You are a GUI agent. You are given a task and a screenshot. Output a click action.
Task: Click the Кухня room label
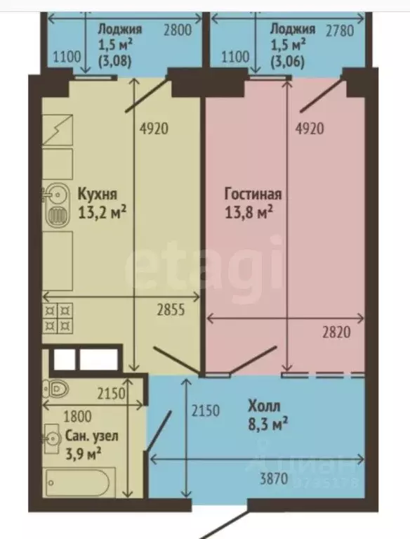point(98,193)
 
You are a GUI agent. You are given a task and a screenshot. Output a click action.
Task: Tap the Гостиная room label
point(253,193)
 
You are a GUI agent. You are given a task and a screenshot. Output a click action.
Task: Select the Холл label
point(263,405)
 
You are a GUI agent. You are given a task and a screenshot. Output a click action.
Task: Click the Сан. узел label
point(93,436)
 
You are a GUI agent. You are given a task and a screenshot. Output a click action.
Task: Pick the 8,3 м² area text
point(267,424)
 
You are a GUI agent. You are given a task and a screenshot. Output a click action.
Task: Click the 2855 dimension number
point(170,310)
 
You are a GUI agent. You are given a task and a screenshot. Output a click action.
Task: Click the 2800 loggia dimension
point(177,30)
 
